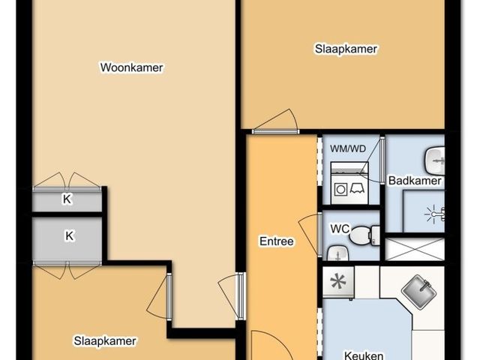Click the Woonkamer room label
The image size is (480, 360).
coord(132,67)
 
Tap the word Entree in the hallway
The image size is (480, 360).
coord(277,241)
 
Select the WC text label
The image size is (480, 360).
coord(340,229)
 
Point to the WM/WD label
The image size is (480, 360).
coord(348,149)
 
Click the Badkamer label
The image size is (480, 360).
coord(415,181)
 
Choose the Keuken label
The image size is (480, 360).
coord(364,355)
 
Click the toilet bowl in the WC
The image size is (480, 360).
coord(361,235)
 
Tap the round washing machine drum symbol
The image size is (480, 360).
coord(340,190)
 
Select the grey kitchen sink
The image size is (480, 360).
coord(418,292)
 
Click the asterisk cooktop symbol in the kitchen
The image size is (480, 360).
coord(338,282)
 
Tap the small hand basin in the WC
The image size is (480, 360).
coord(338,253)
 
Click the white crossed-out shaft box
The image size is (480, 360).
coord(415,250)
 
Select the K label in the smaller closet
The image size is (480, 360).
coord(67,199)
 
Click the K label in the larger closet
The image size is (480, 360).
coord(70,236)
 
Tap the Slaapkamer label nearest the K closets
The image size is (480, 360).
coord(105,341)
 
